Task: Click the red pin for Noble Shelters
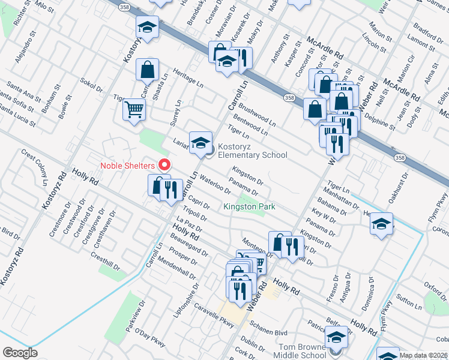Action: click(163, 164)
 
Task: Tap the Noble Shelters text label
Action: click(127, 165)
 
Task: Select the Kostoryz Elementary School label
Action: click(252, 151)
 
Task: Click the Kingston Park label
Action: click(249, 207)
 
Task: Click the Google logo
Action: click(20, 353)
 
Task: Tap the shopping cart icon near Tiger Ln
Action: click(134, 109)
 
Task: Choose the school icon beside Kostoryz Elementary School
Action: click(200, 142)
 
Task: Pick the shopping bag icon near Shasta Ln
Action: click(147, 70)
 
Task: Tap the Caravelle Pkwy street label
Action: click(213, 314)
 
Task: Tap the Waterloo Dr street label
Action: click(215, 185)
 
